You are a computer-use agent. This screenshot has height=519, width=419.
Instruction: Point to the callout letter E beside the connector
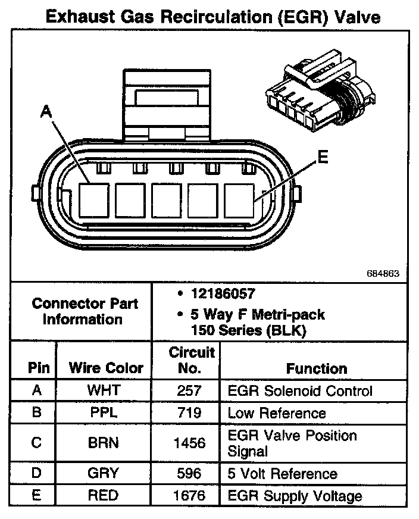pyautogui.click(x=322, y=157)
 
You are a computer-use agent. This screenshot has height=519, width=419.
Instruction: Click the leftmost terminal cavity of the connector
pyautogui.click(x=93, y=200)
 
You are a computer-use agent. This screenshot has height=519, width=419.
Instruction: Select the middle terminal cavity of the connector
pyautogui.click(x=167, y=200)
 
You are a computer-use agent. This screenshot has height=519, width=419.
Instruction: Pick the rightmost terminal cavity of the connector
pyautogui.click(x=239, y=200)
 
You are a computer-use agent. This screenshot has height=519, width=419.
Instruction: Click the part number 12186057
pyautogui.click(x=223, y=294)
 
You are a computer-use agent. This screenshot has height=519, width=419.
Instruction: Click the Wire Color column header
pyautogui.click(x=107, y=368)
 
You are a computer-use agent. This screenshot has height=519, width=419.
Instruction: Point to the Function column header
pyautogui.click(x=316, y=368)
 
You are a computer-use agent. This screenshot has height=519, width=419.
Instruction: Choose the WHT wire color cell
pyautogui.click(x=104, y=391)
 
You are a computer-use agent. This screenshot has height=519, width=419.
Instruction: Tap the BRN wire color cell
pyautogui.click(x=104, y=443)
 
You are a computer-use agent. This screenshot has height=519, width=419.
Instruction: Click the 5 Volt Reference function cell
pyautogui.click(x=282, y=474)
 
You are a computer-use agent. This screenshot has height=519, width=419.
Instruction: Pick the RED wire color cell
pyautogui.click(x=104, y=495)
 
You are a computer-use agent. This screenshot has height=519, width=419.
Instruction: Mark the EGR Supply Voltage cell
pyautogui.click(x=295, y=495)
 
